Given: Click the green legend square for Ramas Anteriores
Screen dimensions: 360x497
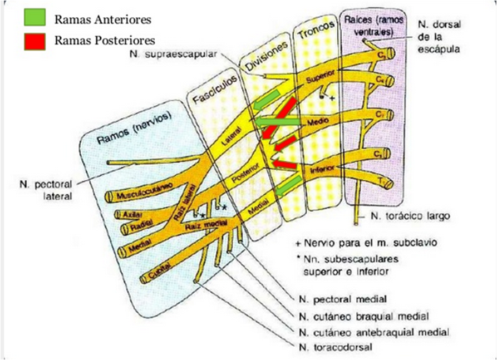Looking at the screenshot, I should tap(35, 18).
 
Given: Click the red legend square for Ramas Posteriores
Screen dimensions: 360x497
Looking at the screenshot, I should tap(35, 41).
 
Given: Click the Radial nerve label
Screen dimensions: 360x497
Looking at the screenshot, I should tap(139, 227).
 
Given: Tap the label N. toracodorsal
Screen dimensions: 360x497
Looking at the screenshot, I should tap(335, 347).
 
